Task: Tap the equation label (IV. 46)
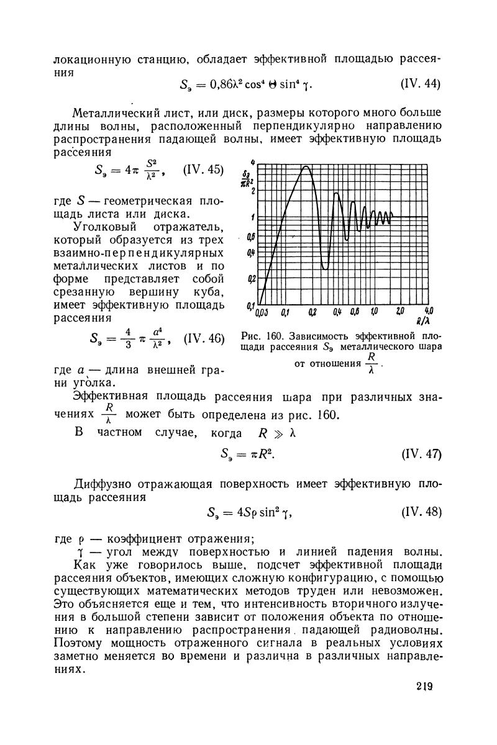[x=204, y=339]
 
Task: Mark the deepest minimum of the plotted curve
[x=325, y=268]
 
